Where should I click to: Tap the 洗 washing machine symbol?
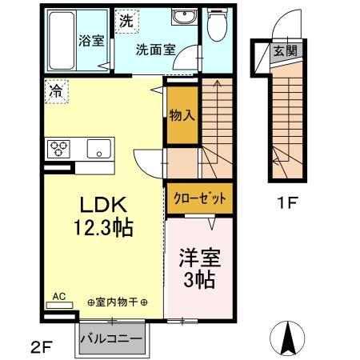click(126, 22)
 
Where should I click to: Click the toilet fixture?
click(216, 26)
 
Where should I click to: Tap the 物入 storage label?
click(182, 114)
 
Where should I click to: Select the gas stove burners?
click(59, 147)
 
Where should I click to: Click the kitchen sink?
click(100, 148)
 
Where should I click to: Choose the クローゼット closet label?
click(200, 198)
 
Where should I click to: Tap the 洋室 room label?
click(199, 259)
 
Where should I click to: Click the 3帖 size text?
click(200, 280)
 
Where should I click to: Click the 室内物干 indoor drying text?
click(118, 302)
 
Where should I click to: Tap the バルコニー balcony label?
click(111, 338)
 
